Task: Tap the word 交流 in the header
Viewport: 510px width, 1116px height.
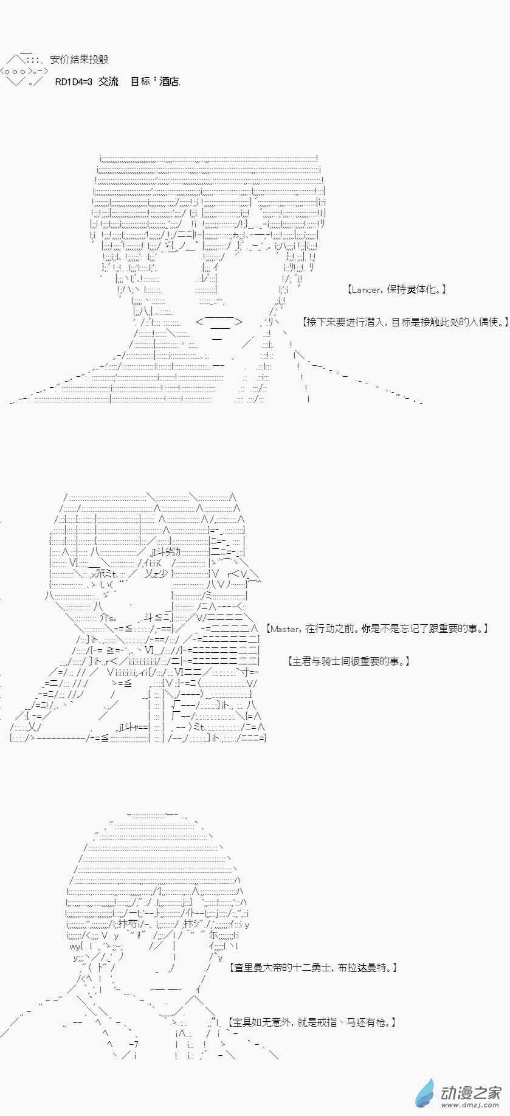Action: point(108,81)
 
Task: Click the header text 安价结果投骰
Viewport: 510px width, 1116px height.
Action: point(79,60)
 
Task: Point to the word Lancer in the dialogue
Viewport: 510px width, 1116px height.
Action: point(367,289)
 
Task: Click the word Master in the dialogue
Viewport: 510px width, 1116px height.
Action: point(284,629)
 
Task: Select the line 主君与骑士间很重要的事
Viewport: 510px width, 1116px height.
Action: point(348,661)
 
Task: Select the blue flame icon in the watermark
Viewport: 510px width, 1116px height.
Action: point(425,1092)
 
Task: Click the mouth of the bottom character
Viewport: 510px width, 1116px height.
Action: point(165,990)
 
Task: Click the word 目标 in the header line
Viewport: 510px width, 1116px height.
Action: point(140,81)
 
